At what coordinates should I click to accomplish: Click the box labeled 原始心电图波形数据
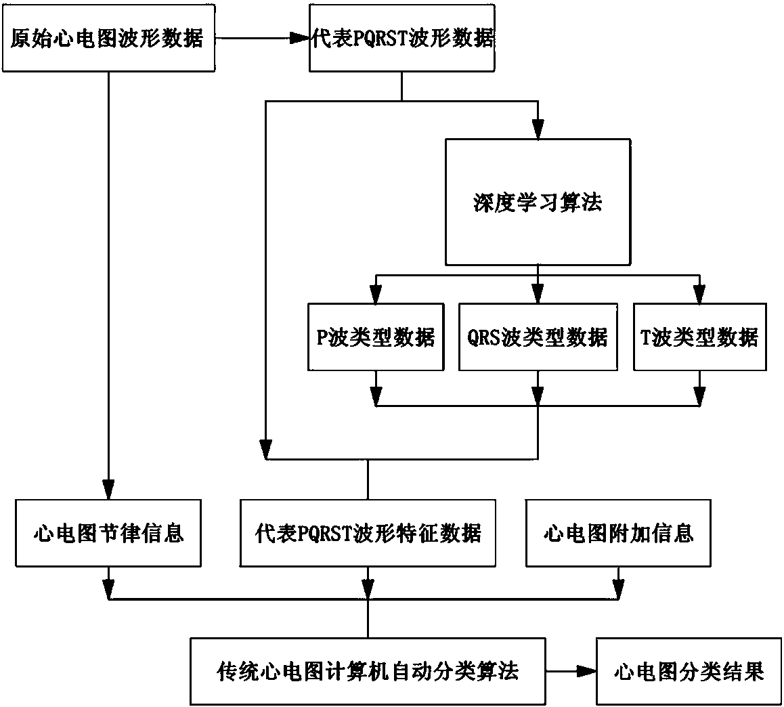(107, 38)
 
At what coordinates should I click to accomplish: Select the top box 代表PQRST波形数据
(402, 38)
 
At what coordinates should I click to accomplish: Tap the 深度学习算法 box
(538, 202)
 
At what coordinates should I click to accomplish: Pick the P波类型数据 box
(376, 337)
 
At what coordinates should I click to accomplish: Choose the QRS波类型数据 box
(538, 337)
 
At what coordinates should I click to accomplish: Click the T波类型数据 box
(699, 337)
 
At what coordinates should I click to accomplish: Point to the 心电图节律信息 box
(108, 533)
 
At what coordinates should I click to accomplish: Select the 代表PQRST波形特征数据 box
(368, 533)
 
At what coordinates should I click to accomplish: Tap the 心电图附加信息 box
(618, 533)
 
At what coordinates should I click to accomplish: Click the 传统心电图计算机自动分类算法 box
(368, 671)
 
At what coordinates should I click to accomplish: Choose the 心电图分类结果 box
(688, 671)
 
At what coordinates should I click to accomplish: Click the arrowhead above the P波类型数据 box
(376, 295)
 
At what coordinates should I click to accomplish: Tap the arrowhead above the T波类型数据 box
(699, 295)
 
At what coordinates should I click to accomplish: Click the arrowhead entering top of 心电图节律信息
(108, 490)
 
